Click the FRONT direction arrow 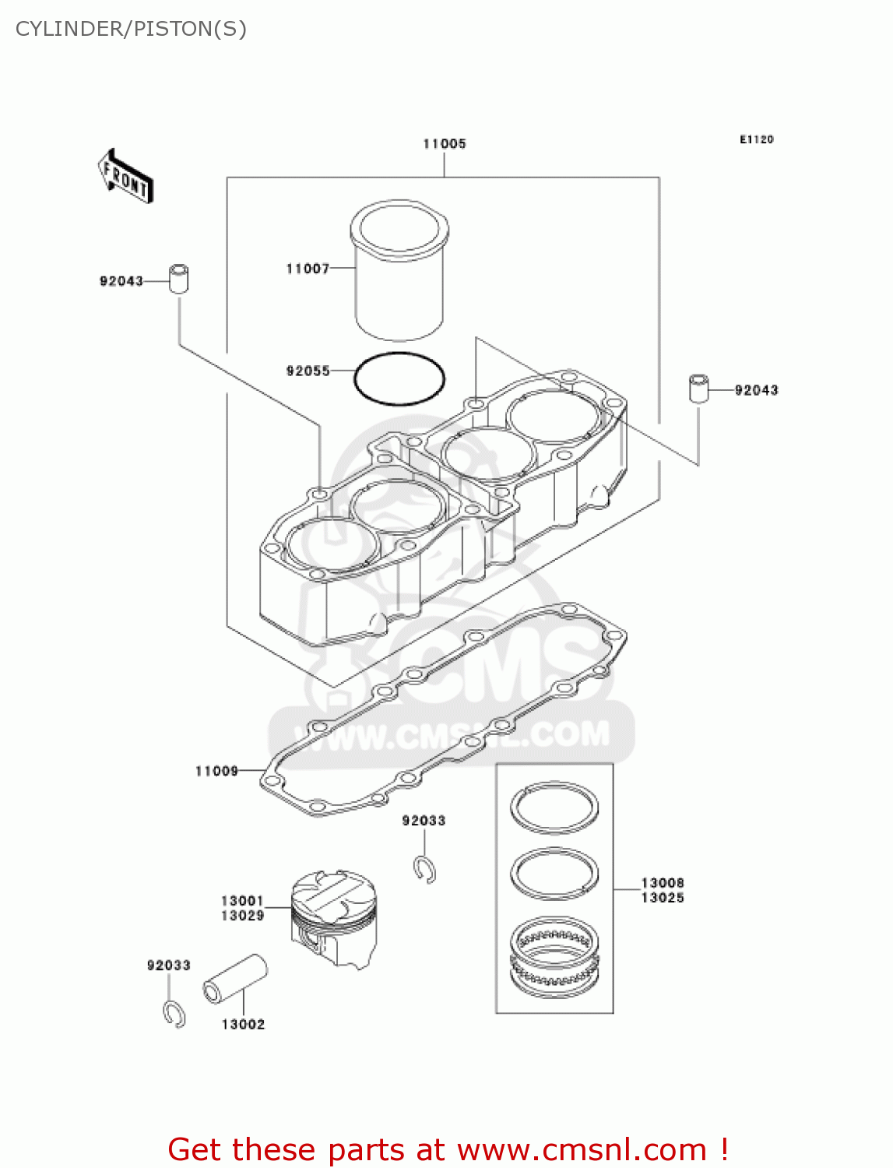[x=125, y=177]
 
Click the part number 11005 [x=445, y=144]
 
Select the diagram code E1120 [x=756, y=139]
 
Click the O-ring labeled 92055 [x=399, y=379]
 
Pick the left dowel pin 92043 [x=179, y=278]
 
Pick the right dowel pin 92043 [x=698, y=388]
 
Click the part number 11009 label [x=216, y=771]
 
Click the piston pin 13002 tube [x=235, y=979]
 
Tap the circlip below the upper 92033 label [x=424, y=870]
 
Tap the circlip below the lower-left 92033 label [x=174, y=1014]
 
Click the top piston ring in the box [x=554, y=807]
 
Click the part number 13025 [x=663, y=898]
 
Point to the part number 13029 [x=242, y=916]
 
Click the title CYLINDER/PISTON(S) [x=131, y=29]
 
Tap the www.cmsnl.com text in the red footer [x=581, y=1150]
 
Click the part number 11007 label [x=308, y=269]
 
